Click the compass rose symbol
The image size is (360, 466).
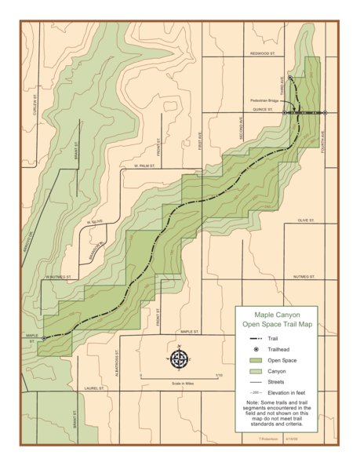tap(179, 359)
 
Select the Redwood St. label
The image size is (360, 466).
tap(264, 53)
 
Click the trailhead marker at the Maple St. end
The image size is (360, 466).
tap(44, 338)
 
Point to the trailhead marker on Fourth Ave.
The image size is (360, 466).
tap(325, 113)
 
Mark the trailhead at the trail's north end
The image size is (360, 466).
tap(290, 78)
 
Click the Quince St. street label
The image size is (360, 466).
tap(262, 111)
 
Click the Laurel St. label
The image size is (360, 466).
tap(95, 387)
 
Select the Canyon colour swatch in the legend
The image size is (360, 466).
tap(252, 370)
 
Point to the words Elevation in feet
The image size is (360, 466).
tap(287, 391)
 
